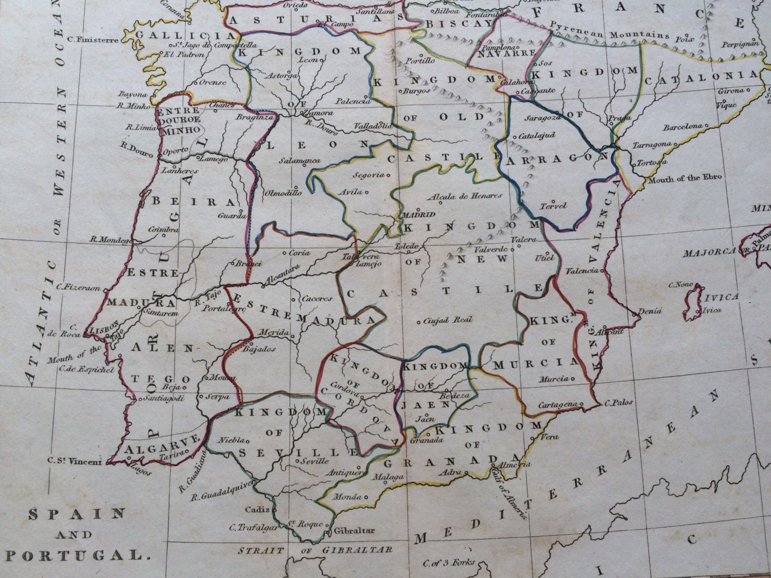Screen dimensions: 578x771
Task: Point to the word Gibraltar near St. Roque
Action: (x=354, y=531)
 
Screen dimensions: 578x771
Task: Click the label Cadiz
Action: (x=258, y=510)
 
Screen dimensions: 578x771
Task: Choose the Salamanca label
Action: (x=300, y=161)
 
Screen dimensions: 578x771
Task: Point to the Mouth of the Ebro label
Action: (x=685, y=178)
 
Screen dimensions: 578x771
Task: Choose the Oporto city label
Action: (x=173, y=152)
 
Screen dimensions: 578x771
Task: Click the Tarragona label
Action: (x=652, y=145)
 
